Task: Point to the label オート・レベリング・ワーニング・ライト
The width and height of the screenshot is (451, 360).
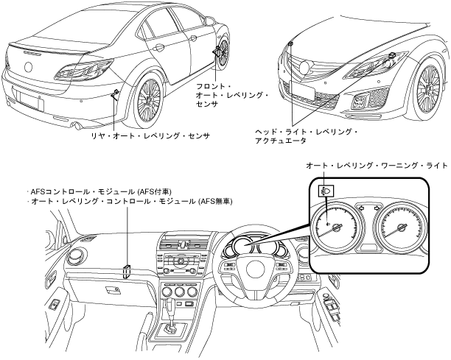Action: click(376, 166)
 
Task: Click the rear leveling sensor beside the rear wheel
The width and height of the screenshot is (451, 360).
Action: click(116, 93)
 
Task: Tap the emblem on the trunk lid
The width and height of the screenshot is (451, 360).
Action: click(30, 67)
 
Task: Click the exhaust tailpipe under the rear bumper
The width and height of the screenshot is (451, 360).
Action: click(74, 126)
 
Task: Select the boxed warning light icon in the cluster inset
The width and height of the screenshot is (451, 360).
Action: click(325, 191)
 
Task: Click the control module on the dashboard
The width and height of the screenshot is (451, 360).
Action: click(127, 272)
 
